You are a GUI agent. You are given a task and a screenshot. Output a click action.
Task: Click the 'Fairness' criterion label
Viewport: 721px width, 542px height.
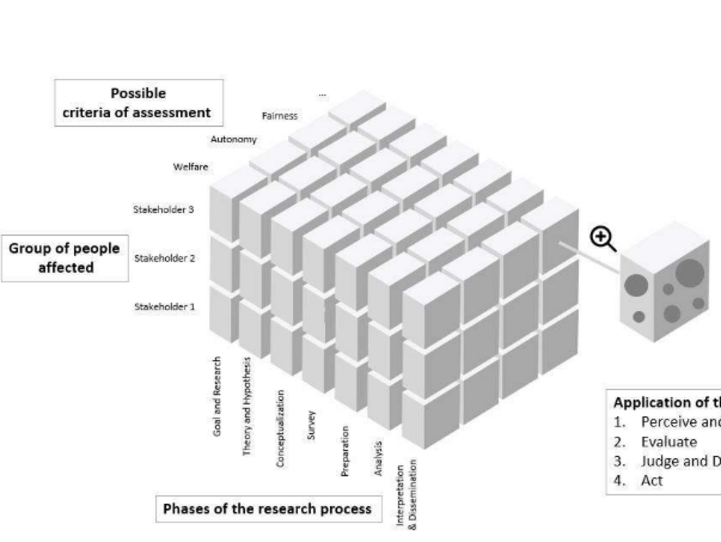pyautogui.click(x=280, y=116)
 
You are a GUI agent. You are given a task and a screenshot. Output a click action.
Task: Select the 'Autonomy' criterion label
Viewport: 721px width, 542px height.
pyautogui.click(x=233, y=139)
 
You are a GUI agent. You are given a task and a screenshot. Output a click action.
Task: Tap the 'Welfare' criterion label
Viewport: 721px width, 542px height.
pyautogui.click(x=191, y=167)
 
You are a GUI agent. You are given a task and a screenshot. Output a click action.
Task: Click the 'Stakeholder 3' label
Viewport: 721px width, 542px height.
pyautogui.click(x=164, y=209)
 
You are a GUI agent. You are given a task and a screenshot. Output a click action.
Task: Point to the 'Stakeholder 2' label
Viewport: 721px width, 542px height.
pyautogui.click(x=165, y=258)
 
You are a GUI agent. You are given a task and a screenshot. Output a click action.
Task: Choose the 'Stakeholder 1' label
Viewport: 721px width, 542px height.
pyautogui.click(x=165, y=307)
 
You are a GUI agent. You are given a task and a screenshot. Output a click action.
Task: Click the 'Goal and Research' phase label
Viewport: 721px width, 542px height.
pyautogui.click(x=217, y=396)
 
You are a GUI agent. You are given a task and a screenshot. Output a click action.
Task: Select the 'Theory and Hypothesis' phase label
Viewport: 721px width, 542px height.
pyautogui.click(x=247, y=406)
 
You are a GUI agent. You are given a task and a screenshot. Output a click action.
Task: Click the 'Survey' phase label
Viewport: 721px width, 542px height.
pyautogui.click(x=311, y=425)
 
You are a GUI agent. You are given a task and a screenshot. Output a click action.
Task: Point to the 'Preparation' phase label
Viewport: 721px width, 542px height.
pyautogui.click(x=344, y=451)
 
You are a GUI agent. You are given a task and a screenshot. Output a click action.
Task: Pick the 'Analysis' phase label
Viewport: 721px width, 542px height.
pyautogui.click(x=378, y=458)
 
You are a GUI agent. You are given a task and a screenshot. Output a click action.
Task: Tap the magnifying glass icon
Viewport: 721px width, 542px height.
pyautogui.click(x=603, y=238)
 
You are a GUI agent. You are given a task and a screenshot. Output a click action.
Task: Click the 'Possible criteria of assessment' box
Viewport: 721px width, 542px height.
pyautogui.click(x=138, y=103)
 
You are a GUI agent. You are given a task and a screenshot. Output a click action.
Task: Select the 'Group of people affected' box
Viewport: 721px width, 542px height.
pyautogui.click(x=65, y=258)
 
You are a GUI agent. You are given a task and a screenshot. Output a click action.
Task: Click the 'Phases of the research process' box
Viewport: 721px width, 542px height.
pyautogui.click(x=268, y=509)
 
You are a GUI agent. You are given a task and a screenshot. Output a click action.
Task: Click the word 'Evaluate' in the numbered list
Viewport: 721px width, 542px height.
pyautogui.click(x=669, y=442)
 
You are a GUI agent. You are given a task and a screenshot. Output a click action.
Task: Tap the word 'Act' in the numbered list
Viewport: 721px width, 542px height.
pyautogui.click(x=652, y=480)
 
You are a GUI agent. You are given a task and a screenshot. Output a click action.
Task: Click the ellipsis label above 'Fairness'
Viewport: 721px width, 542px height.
pyautogui.click(x=323, y=95)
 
